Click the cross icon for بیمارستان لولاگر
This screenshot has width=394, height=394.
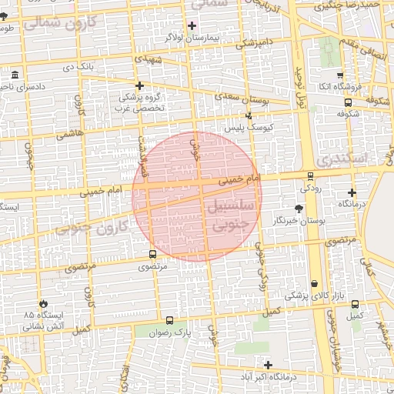point(192,25)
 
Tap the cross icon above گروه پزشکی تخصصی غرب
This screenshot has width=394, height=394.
point(139,85)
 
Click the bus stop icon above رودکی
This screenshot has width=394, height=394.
point(310,175)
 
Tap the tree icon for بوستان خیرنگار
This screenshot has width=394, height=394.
point(299,208)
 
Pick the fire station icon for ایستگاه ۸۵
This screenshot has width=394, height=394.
point(42,304)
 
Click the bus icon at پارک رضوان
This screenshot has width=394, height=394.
point(169,320)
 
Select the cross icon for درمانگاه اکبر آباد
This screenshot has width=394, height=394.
point(268,365)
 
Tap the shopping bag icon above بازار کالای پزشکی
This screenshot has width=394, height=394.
point(313,284)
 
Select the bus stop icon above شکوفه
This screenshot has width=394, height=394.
point(348,102)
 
